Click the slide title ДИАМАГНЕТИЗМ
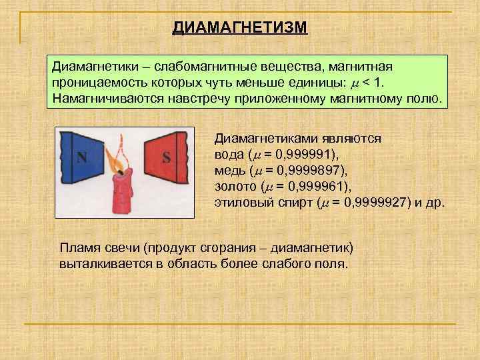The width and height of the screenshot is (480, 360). pyautogui.click(x=240, y=28)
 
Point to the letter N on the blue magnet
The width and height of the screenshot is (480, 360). pyautogui.click(x=82, y=158)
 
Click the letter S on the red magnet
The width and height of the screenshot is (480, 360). pyautogui.click(x=166, y=158)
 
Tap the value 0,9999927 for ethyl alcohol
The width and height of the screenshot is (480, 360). pyautogui.click(x=373, y=203)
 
